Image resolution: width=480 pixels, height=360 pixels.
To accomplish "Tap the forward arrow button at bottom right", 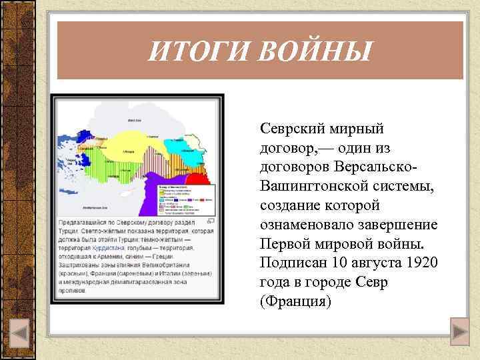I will click(459, 331).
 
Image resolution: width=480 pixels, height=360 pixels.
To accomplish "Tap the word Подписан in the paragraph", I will click(293, 262).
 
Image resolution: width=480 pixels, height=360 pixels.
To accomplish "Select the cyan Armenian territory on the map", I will click(192, 154).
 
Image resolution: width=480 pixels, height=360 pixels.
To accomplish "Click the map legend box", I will click(186, 199).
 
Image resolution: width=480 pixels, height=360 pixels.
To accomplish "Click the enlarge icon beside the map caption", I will click(210, 221).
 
